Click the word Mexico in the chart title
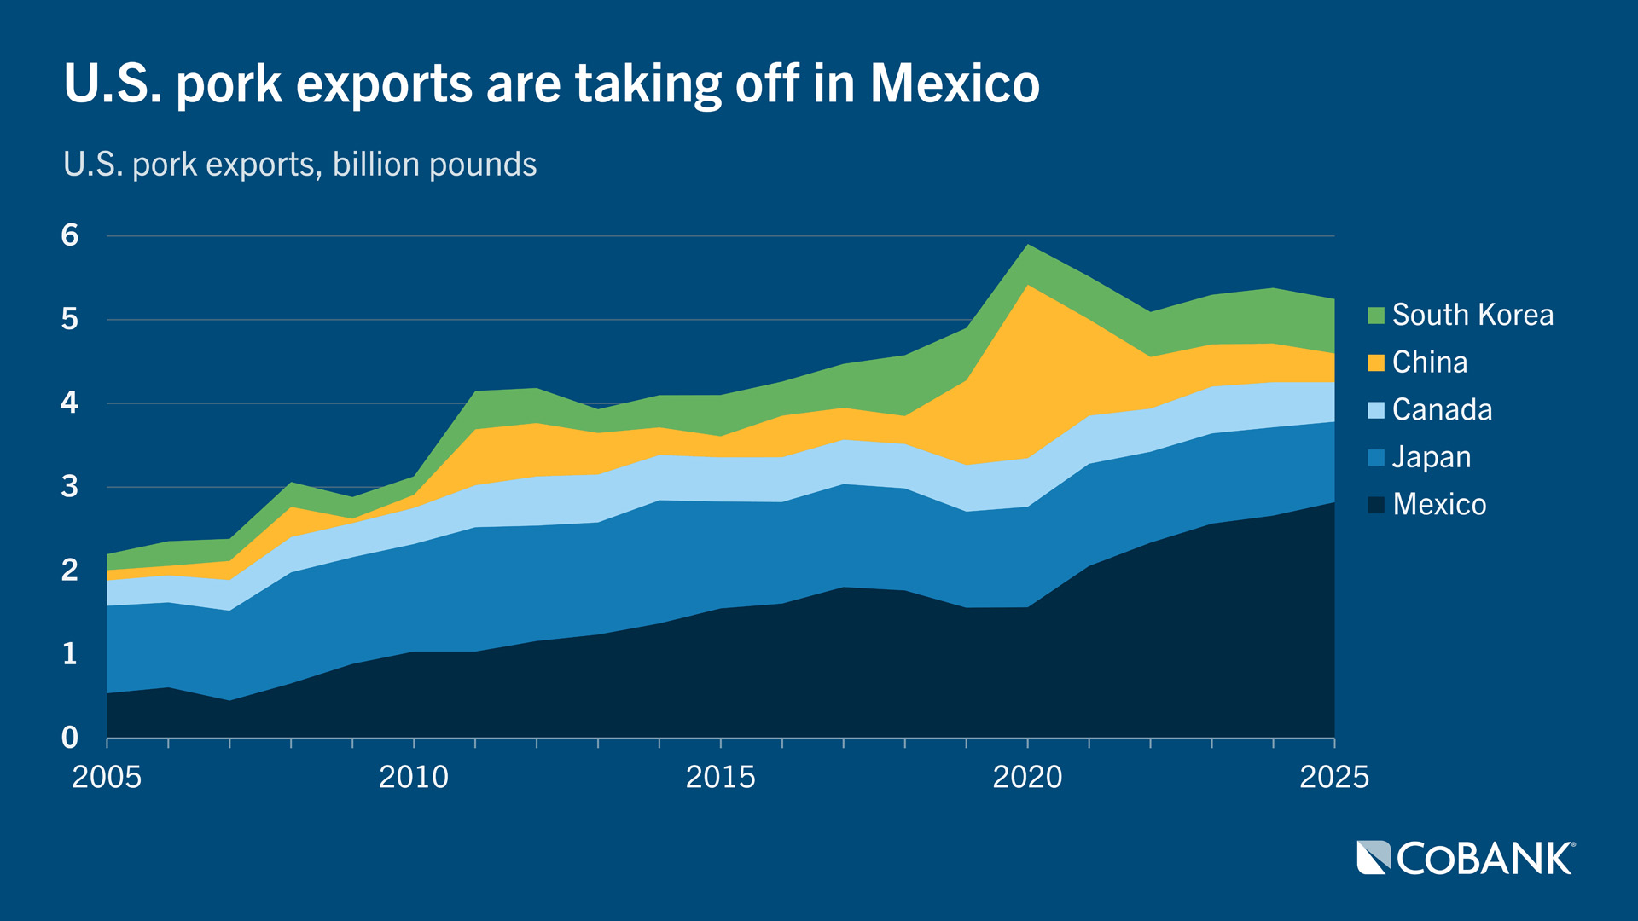point(955,84)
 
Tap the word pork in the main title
point(229,85)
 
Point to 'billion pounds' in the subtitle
point(434,165)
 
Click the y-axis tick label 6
point(70,235)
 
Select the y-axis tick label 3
point(70,487)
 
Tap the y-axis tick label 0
point(70,738)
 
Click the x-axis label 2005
point(107,777)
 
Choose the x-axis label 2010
point(414,777)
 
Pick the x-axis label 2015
point(721,777)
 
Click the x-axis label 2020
point(1027,777)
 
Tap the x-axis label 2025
point(1333,777)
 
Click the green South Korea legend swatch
point(1375,316)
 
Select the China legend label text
point(1430,362)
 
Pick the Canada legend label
point(1442,410)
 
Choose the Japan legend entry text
point(1432,458)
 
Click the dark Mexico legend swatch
point(1375,505)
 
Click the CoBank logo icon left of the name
point(1374,858)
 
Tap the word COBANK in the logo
point(1484,859)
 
